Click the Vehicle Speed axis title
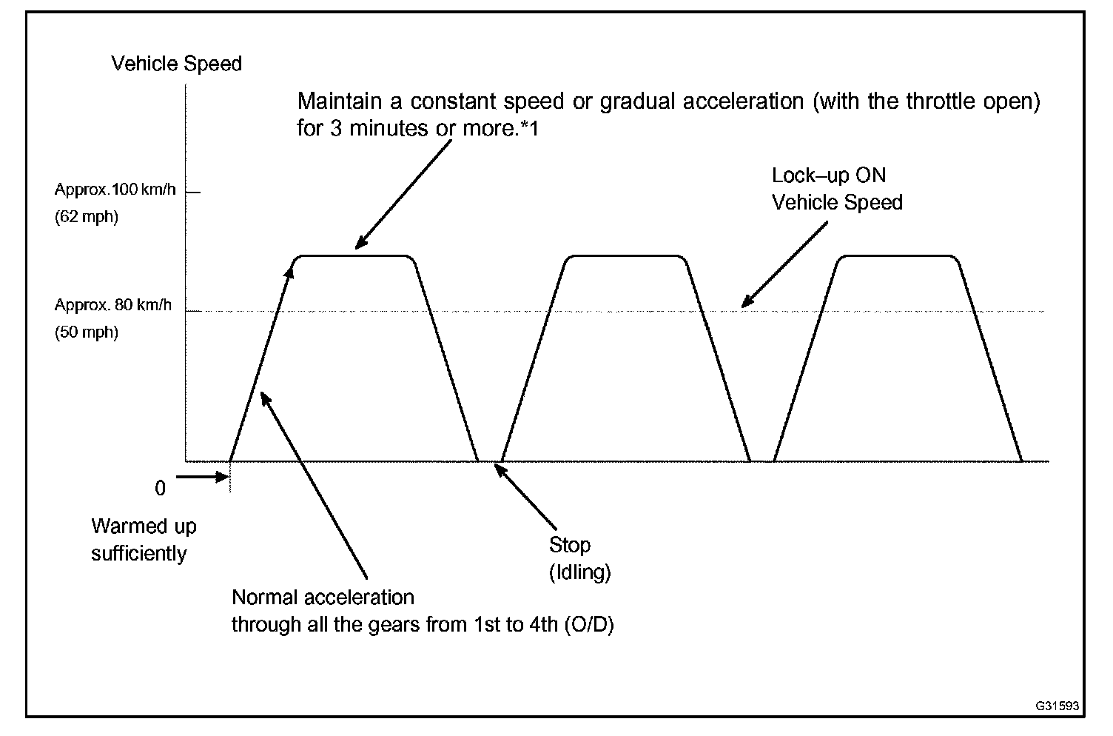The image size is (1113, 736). pyautogui.click(x=176, y=64)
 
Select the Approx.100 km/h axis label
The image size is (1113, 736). pyautogui.click(x=115, y=190)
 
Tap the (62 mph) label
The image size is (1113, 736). pyautogui.click(x=86, y=218)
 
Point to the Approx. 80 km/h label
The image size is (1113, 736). pyautogui.click(x=112, y=304)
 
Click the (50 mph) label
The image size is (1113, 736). pyautogui.click(x=86, y=332)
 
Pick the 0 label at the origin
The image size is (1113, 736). pyautogui.click(x=161, y=489)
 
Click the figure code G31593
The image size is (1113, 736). pyautogui.click(x=1057, y=706)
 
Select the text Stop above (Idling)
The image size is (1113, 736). pyautogui.click(x=569, y=545)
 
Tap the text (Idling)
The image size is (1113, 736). pyautogui.click(x=579, y=572)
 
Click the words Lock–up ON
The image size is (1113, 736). pyautogui.click(x=828, y=175)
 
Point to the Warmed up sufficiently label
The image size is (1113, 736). pyautogui.click(x=143, y=540)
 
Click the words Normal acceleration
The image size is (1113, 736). pyautogui.click(x=323, y=597)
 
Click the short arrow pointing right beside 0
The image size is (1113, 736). pyautogui.click(x=201, y=476)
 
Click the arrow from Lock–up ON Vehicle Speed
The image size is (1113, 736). pyautogui.click(x=784, y=264)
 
